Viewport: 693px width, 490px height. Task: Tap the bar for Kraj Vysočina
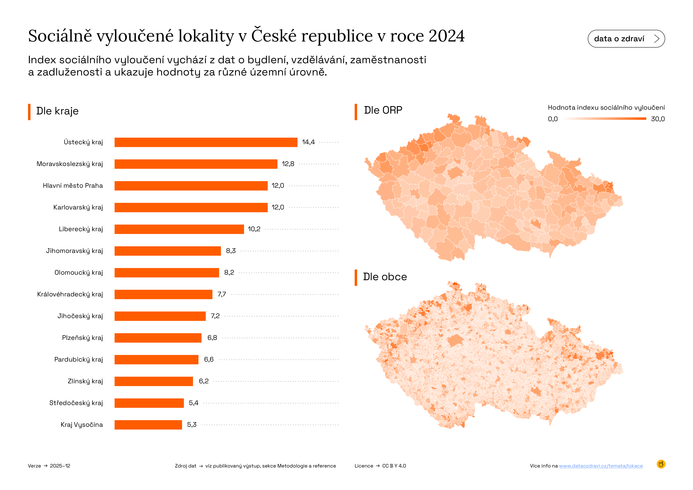[x=148, y=425]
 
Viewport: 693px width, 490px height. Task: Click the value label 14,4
[x=308, y=142]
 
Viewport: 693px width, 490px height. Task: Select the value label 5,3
[x=192, y=425]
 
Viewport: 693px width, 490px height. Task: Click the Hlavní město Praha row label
[x=73, y=186]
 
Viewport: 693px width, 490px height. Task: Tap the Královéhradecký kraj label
[x=70, y=294]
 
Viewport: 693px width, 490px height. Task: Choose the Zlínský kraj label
[x=85, y=381]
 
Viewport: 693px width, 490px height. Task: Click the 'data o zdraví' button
[x=626, y=39]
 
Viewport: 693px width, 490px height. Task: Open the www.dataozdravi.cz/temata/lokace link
[x=601, y=466]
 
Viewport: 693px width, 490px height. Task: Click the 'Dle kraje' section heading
[x=57, y=111]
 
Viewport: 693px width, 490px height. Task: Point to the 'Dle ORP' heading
[x=383, y=110]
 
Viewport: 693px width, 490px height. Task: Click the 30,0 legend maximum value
[x=658, y=119]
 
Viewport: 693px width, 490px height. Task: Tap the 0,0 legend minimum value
[x=553, y=119]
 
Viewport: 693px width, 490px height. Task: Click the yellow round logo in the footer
[x=661, y=464]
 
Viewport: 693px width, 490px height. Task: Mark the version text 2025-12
[x=60, y=466]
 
